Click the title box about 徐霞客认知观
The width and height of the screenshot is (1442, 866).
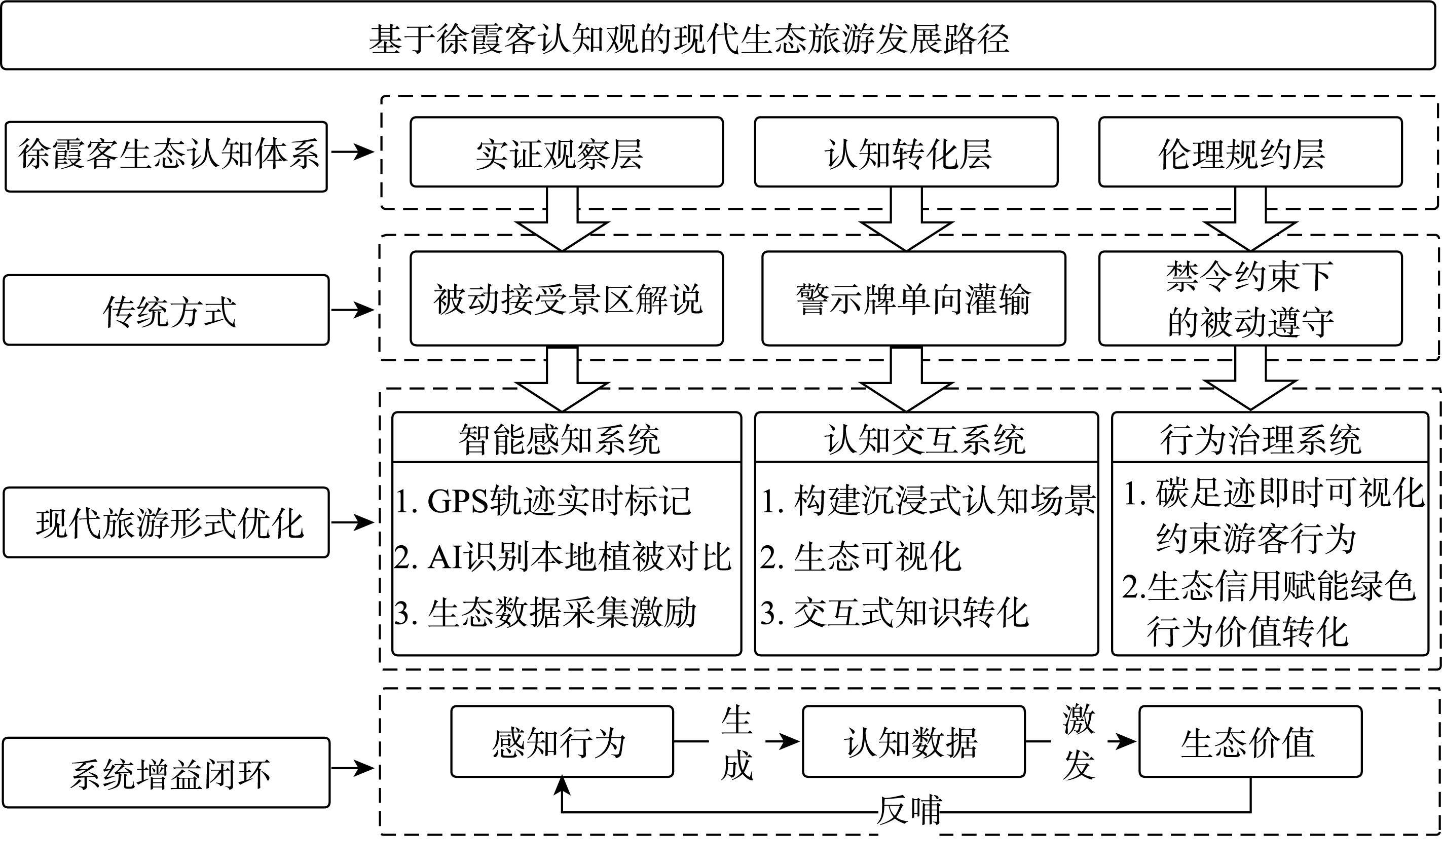[718, 36]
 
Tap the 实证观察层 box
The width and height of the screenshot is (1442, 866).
[566, 153]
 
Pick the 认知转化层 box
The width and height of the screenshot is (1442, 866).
[906, 153]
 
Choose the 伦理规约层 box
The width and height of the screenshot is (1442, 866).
[1250, 153]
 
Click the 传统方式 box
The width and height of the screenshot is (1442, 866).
[166, 310]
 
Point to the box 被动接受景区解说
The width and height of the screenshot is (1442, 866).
[566, 299]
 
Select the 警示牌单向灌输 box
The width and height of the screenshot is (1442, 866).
[913, 299]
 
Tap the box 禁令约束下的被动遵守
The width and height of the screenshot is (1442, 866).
[1250, 299]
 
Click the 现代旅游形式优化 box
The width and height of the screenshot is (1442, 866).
[166, 522]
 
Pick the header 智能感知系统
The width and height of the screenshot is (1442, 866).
[566, 438]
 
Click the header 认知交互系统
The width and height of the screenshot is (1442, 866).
[926, 438]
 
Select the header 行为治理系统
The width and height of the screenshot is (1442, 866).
[1269, 438]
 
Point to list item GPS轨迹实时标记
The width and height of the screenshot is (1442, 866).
[543, 501]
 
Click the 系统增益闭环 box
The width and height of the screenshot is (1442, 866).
[166, 773]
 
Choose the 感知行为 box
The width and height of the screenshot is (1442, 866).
[562, 742]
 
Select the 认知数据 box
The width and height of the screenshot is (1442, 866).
[913, 742]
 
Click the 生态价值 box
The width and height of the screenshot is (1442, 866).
[1250, 742]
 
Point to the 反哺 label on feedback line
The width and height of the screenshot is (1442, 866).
[909, 811]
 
